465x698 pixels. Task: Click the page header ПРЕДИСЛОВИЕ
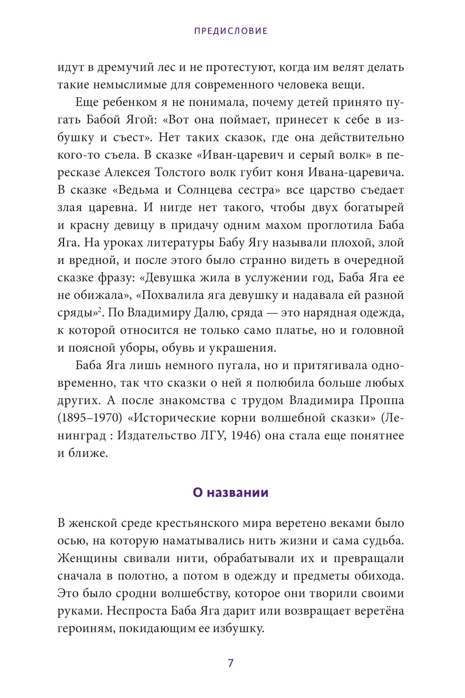[x=231, y=31]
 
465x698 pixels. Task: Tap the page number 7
[x=231, y=663]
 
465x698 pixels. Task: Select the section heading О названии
[x=231, y=492]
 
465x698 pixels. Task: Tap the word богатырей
[x=374, y=208]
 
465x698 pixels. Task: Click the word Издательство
[x=150, y=436]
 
